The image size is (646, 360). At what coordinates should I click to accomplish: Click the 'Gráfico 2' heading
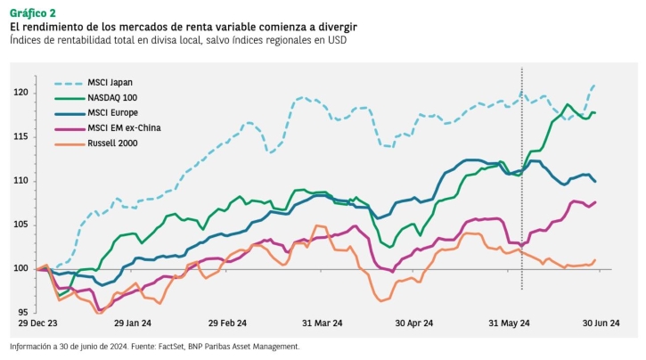point(33,13)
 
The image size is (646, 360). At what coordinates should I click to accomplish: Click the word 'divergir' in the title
point(336,28)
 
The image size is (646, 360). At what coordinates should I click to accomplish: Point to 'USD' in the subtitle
point(338,40)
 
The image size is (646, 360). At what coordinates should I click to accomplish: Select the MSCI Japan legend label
point(110,82)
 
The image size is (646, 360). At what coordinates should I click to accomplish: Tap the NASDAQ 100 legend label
point(112,98)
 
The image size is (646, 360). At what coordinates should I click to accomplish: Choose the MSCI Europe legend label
point(112,112)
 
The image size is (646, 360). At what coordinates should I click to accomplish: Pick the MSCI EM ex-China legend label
point(124,127)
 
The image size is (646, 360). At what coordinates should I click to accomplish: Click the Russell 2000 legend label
point(112,143)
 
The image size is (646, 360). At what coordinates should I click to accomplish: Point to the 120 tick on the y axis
point(20,93)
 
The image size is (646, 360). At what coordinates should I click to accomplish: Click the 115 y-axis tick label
point(20,136)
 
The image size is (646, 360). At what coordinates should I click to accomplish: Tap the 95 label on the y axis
point(23,312)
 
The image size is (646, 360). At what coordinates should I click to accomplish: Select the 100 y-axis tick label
point(20,268)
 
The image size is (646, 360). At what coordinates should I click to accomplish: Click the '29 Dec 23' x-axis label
point(37,323)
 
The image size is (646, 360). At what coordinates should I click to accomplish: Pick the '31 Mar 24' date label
point(323,323)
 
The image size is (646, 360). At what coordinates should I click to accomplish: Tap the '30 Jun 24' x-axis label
point(601,323)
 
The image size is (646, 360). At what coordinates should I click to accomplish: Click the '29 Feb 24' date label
point(227,323)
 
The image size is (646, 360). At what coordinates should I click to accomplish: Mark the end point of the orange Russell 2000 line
point(595,260)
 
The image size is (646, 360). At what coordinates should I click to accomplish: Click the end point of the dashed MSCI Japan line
point(594,86)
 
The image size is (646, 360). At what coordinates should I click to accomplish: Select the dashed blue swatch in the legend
point(69,83)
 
